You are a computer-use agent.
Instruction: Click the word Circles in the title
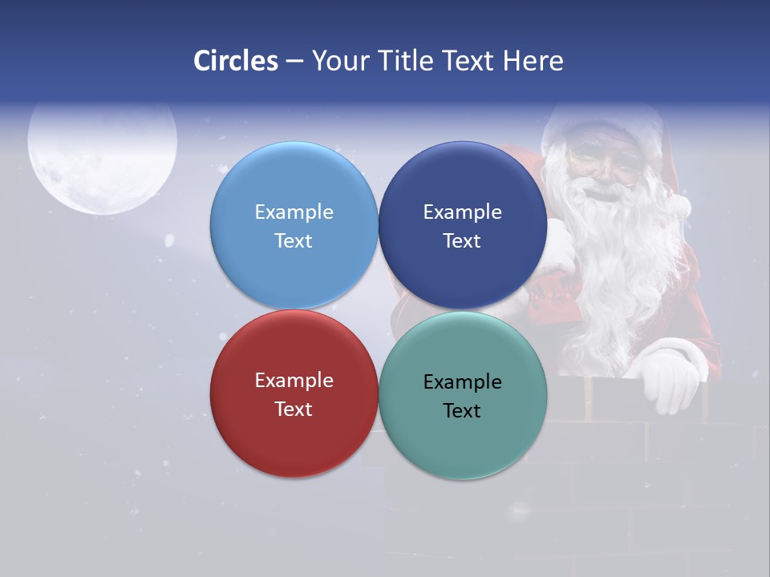click(236, 61)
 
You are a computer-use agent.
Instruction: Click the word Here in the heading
click(533, 61)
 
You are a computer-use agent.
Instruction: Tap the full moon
click(102, 158)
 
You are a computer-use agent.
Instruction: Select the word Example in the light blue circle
click(294, 212)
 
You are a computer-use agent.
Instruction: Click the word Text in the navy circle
click(462, 241)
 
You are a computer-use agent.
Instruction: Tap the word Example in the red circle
click(294, 381)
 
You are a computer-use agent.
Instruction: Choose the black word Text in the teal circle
click(462, 411)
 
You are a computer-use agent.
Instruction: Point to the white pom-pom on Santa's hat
click(680, 206)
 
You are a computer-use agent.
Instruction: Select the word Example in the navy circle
click(462, 212)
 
